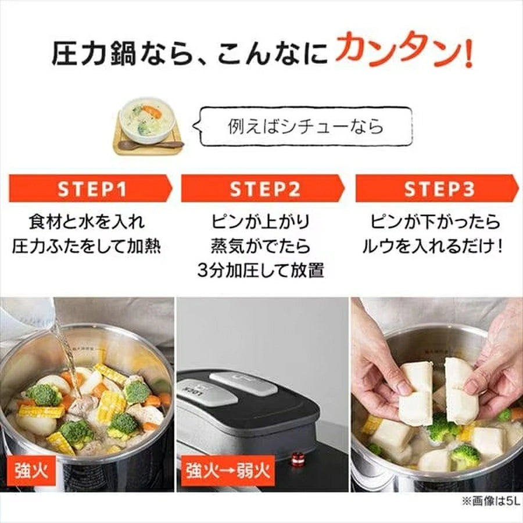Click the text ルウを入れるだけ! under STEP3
click(433, 246)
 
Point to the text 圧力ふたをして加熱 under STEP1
click(87, 246)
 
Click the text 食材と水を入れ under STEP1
click(87, 222)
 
